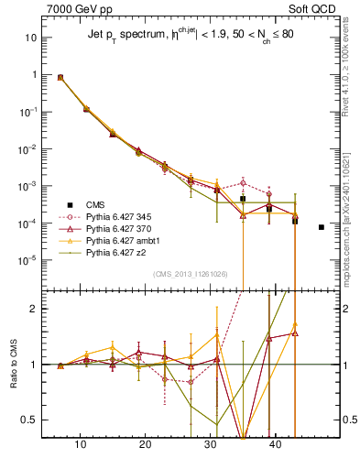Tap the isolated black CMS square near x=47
point(322,227)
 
